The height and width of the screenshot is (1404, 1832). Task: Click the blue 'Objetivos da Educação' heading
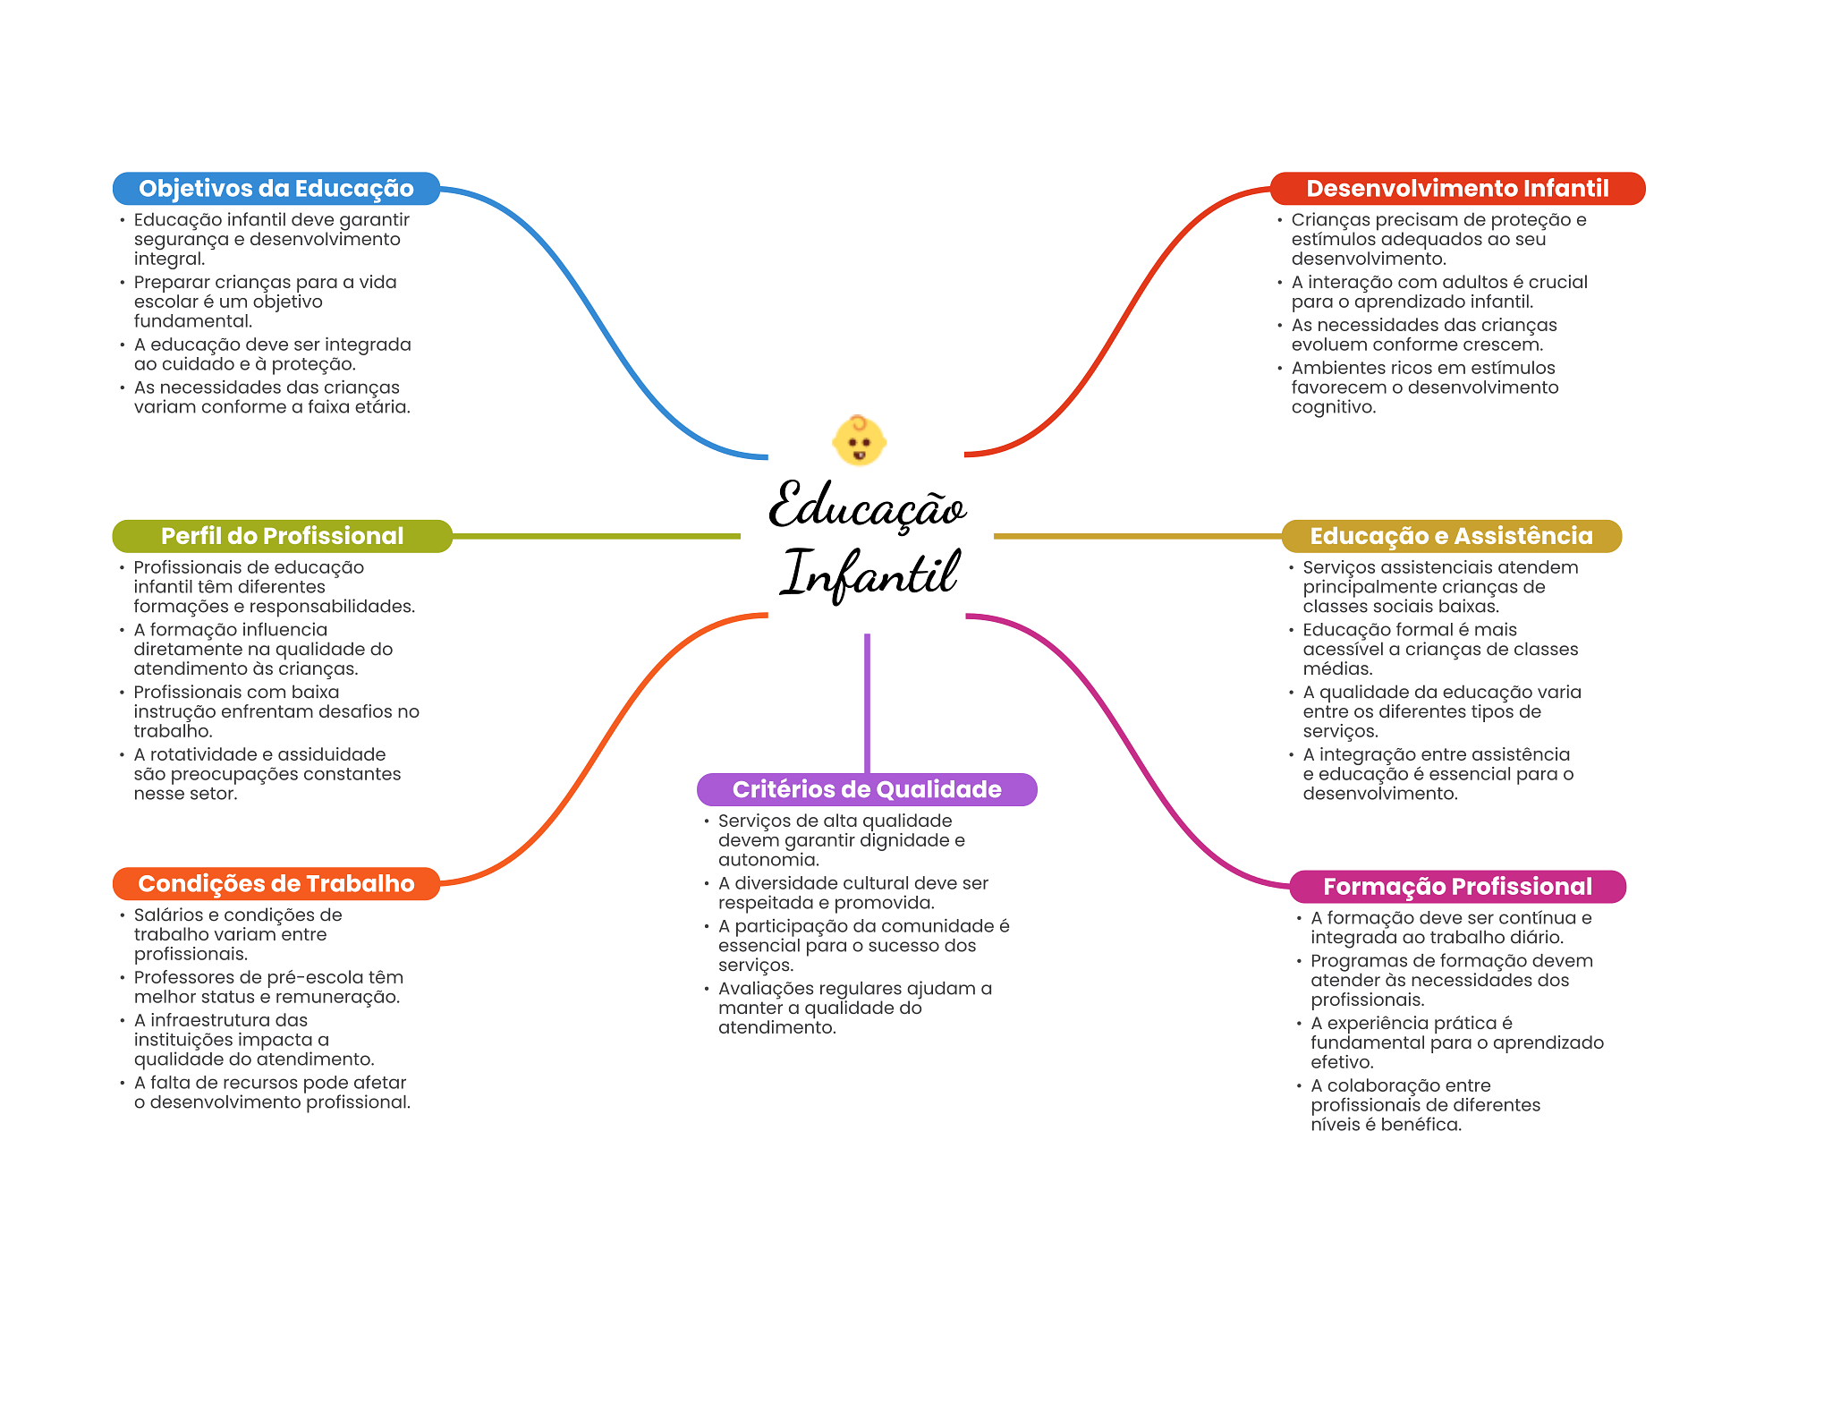[276, 189]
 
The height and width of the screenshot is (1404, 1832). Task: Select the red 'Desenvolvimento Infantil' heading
[1456, 189]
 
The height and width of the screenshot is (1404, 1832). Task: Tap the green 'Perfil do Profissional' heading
[282, 536]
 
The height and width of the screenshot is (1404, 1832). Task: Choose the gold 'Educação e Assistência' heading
[1451, 536]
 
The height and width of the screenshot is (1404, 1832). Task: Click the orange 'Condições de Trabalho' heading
[276, 884]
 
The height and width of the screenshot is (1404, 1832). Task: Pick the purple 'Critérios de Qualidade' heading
[866, 789]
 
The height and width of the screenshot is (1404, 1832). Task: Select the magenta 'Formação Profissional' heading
[1457, 887]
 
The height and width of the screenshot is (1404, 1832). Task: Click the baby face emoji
[859, 440]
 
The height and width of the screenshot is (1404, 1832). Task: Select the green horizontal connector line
[596, 536]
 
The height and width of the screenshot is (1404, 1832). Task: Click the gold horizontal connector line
[1137, 536]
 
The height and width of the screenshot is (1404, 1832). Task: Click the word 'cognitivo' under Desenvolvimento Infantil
[1333, 407]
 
